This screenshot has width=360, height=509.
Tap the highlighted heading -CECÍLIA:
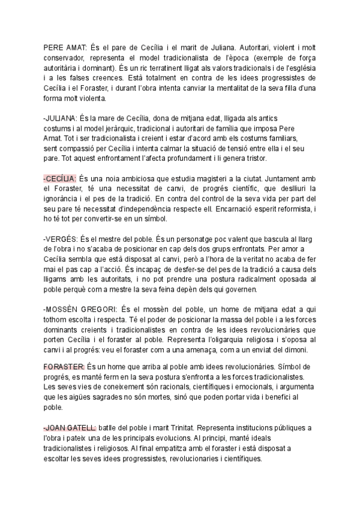60,179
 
